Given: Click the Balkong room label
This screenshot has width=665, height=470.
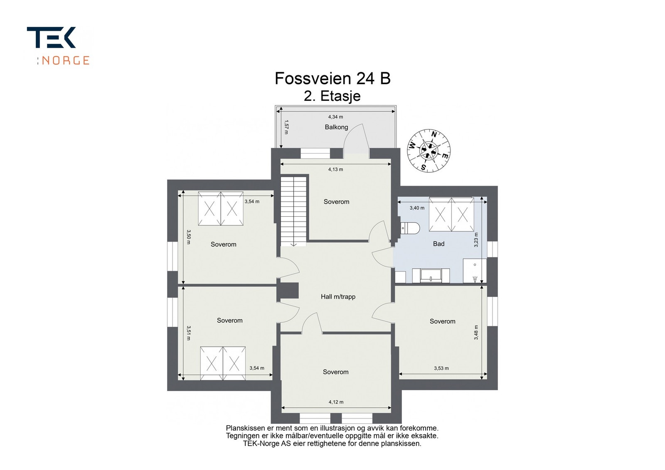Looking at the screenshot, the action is [336, 127].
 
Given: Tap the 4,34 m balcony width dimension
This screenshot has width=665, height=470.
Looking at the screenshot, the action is [335, 117].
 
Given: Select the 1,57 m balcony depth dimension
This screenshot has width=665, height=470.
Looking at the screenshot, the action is [286, 127].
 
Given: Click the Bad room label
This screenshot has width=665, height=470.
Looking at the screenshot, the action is [438, 244].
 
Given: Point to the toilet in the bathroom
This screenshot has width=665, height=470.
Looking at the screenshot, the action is [410, 228].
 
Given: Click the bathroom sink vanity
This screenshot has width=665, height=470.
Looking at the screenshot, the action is [431, 275].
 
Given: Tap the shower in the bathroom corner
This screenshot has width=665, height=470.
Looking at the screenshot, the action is [475, 270].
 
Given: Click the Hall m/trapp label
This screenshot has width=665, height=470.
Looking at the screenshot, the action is [338, 296].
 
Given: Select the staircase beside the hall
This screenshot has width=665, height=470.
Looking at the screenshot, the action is [293, 211].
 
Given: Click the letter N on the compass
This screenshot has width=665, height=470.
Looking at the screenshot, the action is [434, 135].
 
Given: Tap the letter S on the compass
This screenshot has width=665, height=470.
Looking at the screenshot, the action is [424, 168].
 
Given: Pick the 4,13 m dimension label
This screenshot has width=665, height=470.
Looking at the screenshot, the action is [335, 169].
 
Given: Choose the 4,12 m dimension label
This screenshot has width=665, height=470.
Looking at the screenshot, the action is [336, 402].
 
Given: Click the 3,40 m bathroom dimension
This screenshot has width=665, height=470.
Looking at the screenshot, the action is [417, 208].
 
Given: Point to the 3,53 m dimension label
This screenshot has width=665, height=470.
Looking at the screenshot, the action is [441, 368].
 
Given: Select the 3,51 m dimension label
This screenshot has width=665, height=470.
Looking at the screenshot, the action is [189, 333].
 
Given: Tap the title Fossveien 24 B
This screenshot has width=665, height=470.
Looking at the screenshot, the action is [332, 78].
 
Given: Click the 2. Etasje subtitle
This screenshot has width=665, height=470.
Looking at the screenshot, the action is [332, 96].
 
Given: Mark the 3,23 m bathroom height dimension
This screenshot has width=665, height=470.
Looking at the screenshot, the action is [476, 240].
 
